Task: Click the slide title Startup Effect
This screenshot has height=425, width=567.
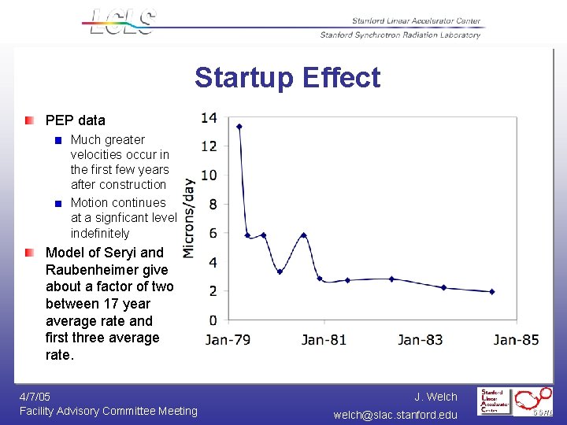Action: click(x=287, y=78)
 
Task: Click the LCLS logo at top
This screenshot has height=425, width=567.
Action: click(x=123, y=21)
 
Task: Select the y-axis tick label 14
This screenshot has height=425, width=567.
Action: click(x=209, y=118)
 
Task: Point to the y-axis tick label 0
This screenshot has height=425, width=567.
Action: click(x=212, y=320)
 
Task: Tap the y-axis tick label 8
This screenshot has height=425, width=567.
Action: click(x=212, y=205)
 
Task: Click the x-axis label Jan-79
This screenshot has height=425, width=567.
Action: click(x=228, y=340)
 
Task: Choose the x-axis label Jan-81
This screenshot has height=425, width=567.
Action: click(x=324, y=340)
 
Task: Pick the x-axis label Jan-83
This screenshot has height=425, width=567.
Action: click(x=420, y=340)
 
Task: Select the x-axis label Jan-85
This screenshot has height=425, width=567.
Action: click(x=516, y=340)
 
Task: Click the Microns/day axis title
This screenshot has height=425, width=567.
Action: click(x=189, y=218)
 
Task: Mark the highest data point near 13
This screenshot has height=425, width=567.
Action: click(x=239, y=127)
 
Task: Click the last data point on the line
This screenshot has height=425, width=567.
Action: click(x=491, y=291)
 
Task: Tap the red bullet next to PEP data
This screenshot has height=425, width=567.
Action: click(x=29, y=120)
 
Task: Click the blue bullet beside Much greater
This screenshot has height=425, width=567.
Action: click(x=57, y=140)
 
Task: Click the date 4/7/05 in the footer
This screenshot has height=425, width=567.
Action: click(x=35, y=397)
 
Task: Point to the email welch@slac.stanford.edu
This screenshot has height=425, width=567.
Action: click(x=395, y=414)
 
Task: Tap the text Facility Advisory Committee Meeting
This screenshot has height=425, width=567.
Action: click(x=109, y=411)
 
